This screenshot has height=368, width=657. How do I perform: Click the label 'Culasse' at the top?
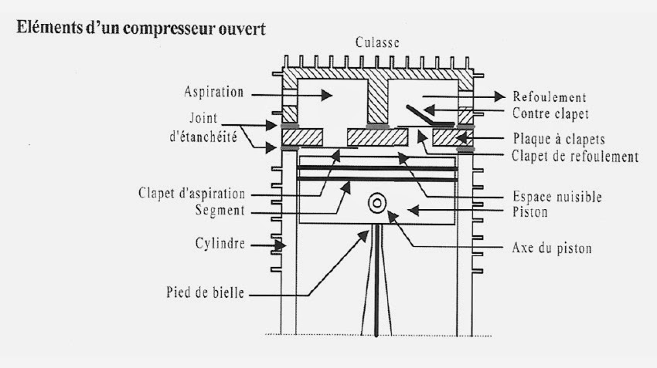(377, 43)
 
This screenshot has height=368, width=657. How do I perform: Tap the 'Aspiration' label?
(214, 92)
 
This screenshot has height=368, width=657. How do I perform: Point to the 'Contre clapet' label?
(550, 113)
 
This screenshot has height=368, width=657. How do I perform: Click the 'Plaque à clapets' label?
(558, 140)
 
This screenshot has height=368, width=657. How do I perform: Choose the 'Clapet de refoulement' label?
(574, 157)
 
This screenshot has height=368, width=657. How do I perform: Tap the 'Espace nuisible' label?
(557, 197)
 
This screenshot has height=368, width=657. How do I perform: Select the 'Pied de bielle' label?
(206, 293)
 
